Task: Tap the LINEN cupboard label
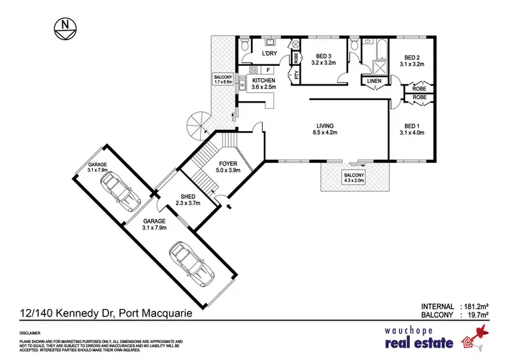pos(374,82)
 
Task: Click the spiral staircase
pos(201,126)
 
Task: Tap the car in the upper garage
pos(122,190)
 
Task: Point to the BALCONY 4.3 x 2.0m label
pos(354,179)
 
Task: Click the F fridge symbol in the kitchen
pos(269,69)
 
